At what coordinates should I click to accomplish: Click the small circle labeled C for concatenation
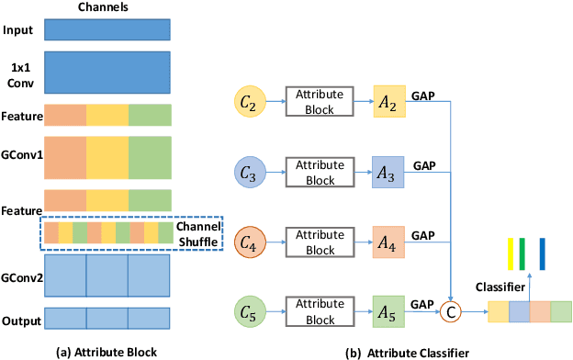[x=451, y=311]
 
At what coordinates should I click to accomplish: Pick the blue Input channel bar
[x=107, y=30]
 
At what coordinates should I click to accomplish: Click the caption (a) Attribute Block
[x=107, y=350]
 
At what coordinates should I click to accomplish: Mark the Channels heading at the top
[x=107, y=7]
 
